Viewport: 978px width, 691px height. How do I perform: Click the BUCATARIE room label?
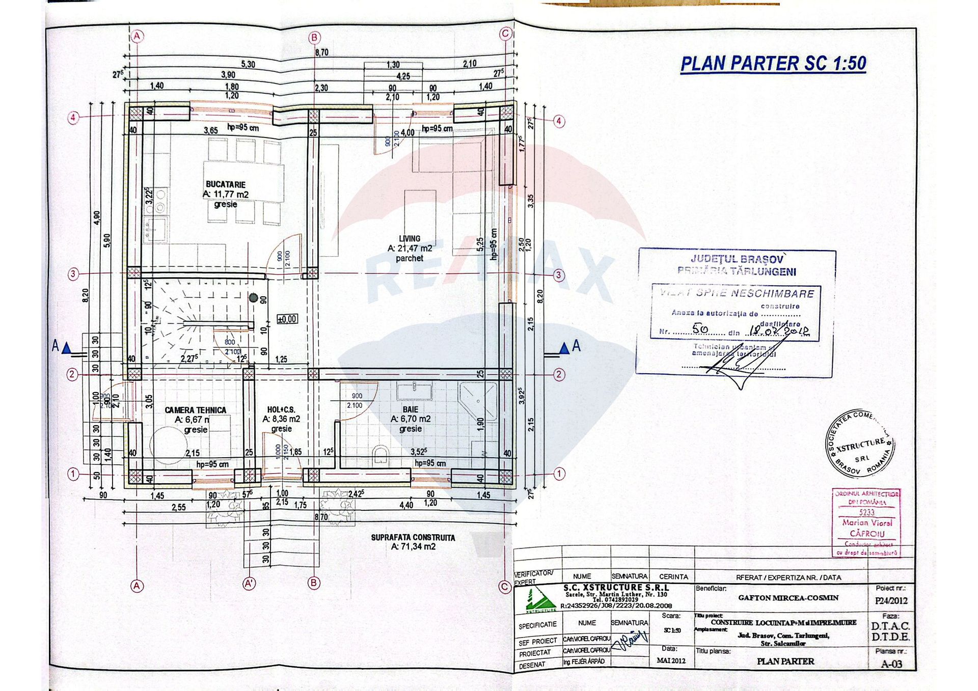(225, 184)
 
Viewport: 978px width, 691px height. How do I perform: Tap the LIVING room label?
(410, 238)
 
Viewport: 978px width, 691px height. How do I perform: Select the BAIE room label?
(410, 409)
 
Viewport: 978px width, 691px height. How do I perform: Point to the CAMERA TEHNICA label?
(195, 410)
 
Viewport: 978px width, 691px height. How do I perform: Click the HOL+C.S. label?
(281, 409)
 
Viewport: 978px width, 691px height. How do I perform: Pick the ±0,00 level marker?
(287, 319)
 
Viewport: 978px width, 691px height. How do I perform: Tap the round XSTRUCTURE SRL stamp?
(860, 443)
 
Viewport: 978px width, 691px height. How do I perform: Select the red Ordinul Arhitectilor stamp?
(866, 522)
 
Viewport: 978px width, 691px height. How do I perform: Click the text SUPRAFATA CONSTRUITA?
(413, 537)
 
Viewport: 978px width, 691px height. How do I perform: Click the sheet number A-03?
(891, 664)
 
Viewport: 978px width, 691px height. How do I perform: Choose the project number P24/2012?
(891, 601)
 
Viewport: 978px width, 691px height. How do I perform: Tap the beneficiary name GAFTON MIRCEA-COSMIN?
(788, 598)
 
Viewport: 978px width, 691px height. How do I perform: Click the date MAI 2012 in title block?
(671, 660)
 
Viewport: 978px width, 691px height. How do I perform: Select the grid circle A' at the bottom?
(249, 584)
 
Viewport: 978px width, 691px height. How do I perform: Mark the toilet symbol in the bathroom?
(381, 454)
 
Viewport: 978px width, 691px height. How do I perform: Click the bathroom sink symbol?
(414, 391)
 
